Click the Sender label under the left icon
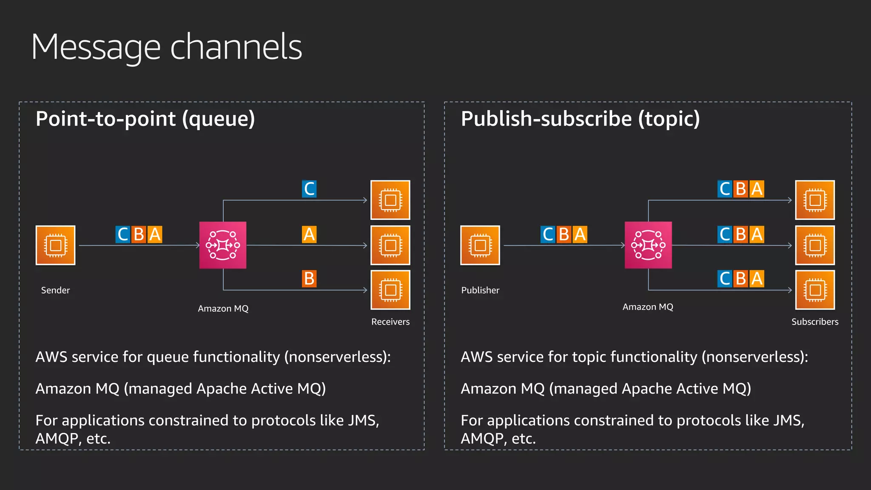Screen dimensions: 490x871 tap(55, 290)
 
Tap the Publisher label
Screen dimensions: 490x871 tap(480, 290)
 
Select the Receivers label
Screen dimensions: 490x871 tap(390, 322)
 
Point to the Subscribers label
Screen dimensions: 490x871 tap(814, 322)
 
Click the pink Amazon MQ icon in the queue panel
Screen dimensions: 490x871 tap(223, 245)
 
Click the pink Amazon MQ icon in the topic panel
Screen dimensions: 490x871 tap(648, 245)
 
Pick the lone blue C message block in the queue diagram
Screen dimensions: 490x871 tap(309, 189)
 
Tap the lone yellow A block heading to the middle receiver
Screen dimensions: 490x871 tap(309, 234)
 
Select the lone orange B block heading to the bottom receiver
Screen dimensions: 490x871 tap(309, 279)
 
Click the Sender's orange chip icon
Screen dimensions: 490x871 tap(55, 245)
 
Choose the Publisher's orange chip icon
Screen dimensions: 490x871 tap(480, 245)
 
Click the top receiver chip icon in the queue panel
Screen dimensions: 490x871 tap(390, 200)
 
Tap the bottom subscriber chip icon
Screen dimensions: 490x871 tap(814, 290)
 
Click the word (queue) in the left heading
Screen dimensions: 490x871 tap(219, 119)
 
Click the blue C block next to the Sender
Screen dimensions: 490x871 tap(123, 234)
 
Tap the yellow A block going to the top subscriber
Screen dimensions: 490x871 tap(757, 189)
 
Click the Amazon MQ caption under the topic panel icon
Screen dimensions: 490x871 tap(648, 307)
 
